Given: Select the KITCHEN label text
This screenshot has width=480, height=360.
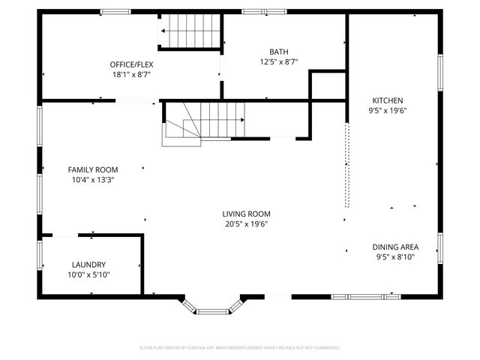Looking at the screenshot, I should [387, 100].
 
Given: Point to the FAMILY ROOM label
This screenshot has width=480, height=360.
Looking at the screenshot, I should [93, 169].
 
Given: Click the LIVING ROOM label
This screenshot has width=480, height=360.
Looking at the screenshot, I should [246, 214].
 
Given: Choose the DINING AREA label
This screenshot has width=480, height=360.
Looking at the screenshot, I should [395, 247].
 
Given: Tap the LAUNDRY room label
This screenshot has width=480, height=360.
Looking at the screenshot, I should [88, 265].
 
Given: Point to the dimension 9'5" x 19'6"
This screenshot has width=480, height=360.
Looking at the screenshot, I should [387, 110].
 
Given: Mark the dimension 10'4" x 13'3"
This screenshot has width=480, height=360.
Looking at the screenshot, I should [93, 179].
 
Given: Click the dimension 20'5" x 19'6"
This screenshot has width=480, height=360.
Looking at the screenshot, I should [246, 223].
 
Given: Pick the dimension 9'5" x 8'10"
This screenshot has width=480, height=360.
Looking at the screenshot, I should [395, 256].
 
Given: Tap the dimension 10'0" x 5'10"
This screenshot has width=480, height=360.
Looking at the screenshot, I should [88, 274].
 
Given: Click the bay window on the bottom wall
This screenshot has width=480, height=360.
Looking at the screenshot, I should [214, 305].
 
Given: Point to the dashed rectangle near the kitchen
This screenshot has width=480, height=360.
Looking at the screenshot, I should [346, 165].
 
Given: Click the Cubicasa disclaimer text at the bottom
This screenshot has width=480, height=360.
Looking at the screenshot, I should [240, 348].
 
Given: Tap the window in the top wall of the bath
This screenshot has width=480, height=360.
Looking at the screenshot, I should [264, 11].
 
